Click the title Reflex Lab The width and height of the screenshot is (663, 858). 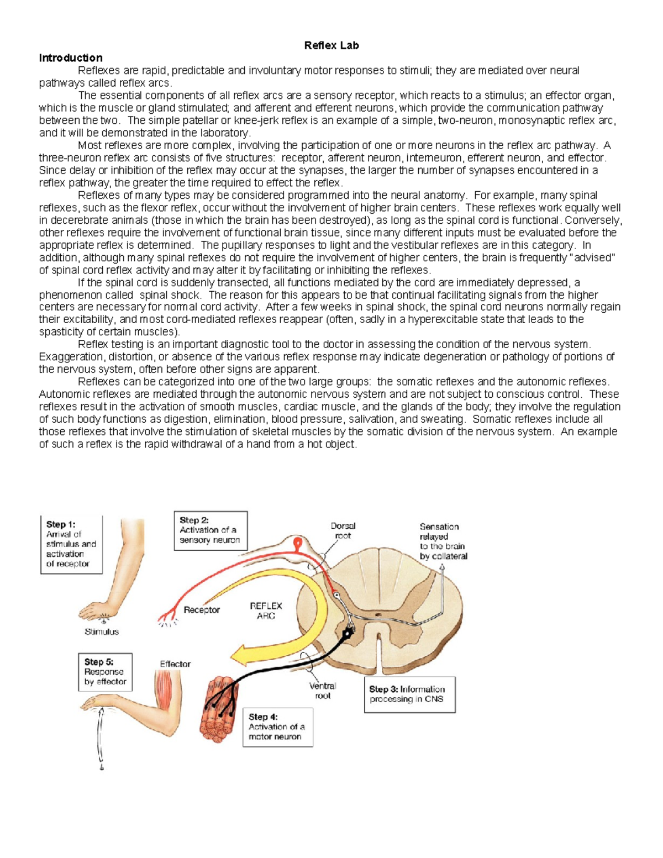(331, 46)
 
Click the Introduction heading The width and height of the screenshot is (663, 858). (70, 58)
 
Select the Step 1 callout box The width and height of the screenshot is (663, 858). (71, 544)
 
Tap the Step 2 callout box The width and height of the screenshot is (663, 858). (211, 530)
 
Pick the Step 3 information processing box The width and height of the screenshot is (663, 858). (409, 694)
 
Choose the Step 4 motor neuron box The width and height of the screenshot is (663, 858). (278, 727)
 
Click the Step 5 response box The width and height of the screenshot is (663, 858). (105, 672)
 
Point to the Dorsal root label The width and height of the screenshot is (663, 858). (343, 531)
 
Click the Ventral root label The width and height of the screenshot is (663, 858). (323, 691)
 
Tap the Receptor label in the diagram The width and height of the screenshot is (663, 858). (202, 610)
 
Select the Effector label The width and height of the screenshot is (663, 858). (175, 664)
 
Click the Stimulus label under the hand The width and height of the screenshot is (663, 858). (102, 631)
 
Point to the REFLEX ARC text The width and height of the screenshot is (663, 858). (266, 610)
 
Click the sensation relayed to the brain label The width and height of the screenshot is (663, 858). (443, 541)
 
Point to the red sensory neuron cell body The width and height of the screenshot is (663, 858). (298, 546)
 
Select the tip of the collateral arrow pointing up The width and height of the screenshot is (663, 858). (442, 573)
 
